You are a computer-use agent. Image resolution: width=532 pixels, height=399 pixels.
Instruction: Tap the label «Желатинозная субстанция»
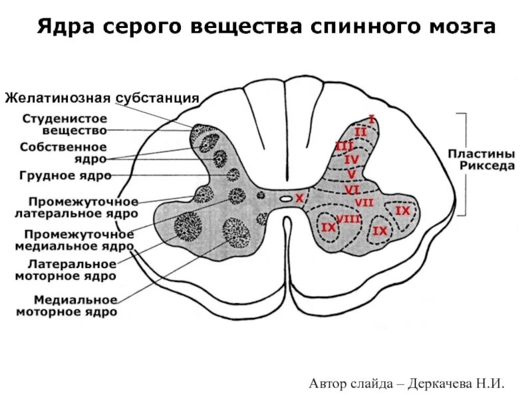pyautogui.click(x=102, y=98)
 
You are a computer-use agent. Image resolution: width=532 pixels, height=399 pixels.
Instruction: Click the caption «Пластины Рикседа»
pyautogui.click(x=487, y=161)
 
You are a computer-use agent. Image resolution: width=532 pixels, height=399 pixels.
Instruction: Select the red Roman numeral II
pyautogui.click(x=360, y=132)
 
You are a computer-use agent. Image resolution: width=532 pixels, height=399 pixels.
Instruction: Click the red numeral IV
pyautogui.click(x=351, y=160)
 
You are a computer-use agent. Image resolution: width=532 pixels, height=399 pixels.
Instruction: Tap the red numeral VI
pyautogui.click(x=352, y=189)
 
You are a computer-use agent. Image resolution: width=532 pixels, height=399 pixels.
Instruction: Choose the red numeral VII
pyautogui.click(x=364, y=202)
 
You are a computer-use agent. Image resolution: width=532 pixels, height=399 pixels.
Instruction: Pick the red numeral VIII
pyautogui.click(x=348, y=219)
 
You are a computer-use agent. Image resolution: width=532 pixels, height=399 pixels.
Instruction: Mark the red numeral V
pyautogui.click(x=351, y=174)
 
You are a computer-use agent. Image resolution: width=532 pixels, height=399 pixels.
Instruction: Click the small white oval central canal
pyautogui.click(x=285, y=198)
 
